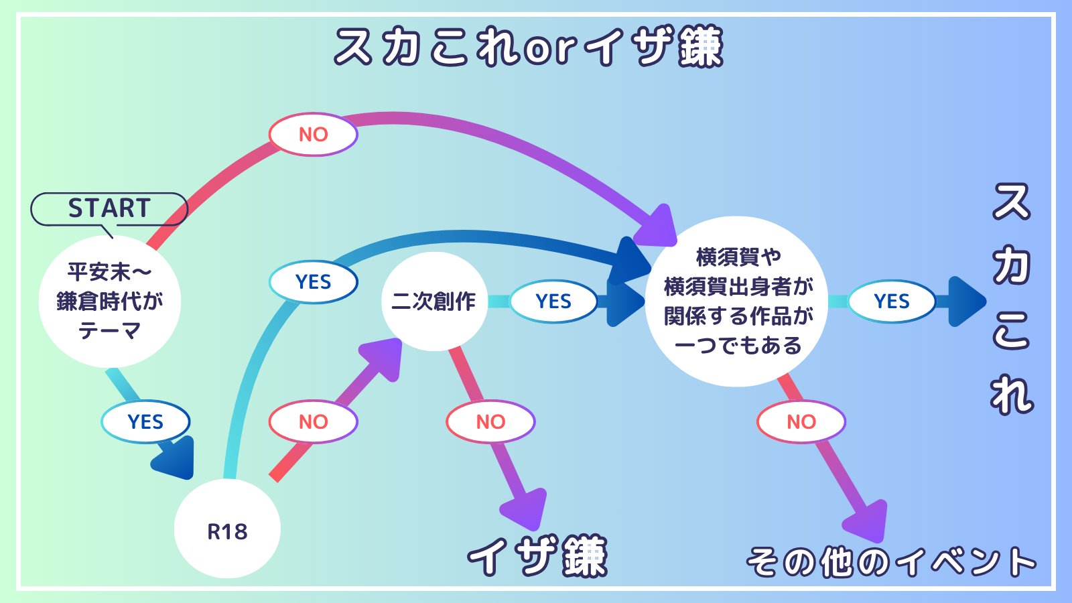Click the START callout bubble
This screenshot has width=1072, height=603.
(x=109, y=209)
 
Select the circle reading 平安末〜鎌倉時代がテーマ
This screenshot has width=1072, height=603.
(x=110, y=301)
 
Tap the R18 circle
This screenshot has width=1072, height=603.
(x=227, y=529)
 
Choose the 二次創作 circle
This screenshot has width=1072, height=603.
(x=434, y=301)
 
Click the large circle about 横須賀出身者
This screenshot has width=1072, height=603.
(x=737, y=301)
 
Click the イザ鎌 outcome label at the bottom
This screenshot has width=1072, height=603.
(x=537, y=556)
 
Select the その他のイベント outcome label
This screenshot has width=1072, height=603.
(x=891, y=562)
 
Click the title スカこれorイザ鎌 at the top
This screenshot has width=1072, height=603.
(x=529, y=46)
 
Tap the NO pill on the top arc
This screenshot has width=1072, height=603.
(x=314, y=135)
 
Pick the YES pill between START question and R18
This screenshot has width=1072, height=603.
(x=145, y=421)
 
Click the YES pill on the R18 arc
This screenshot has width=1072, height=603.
(x=314, y=282)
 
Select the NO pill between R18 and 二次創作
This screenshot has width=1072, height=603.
(x=314, y=421)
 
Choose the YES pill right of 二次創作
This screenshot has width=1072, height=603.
(x=553, y=301)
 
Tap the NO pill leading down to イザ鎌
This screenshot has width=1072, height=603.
(x=490, y=421)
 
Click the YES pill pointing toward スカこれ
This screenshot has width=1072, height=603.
(x=892, y=301)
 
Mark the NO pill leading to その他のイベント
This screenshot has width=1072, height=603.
(x=801, y=421)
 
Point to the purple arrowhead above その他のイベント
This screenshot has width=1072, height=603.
(x=867, y=522)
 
